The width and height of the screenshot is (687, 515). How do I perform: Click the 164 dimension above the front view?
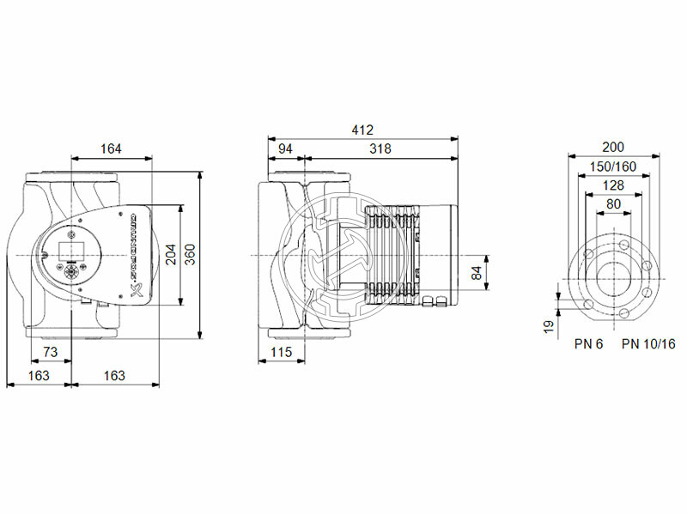click(110, 148)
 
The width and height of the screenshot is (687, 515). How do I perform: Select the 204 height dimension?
click(170, 254)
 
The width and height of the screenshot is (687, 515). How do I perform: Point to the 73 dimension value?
click(50, 352)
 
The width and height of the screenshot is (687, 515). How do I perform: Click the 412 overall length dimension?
click(362, 130)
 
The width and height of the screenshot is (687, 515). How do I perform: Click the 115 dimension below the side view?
click(282, 352)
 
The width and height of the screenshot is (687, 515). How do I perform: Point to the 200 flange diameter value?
click(613, 147)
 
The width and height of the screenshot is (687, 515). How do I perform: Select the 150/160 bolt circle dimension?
click(613, 166)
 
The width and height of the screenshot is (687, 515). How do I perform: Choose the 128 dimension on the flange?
click(613, 185)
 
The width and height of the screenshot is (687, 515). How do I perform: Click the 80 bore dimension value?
click(613, 203)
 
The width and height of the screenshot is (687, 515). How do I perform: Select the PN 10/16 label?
click(648, 344)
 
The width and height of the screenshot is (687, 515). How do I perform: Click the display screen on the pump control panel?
click(69, 252)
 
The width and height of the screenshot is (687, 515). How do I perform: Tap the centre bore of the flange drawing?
click(613, 277)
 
